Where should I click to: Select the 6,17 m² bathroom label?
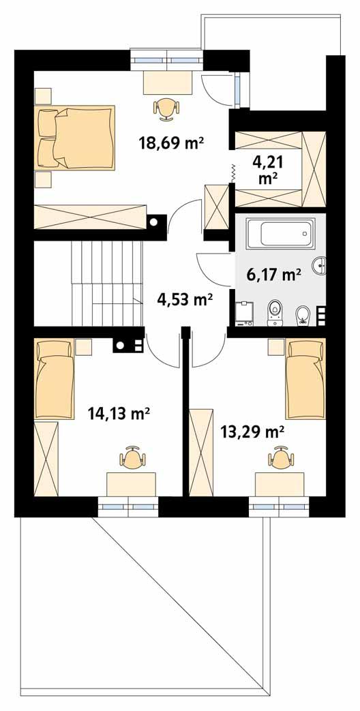(x=273, y=275)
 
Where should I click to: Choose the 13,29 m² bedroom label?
(x=252, y=431)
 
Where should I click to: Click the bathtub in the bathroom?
(x=279, y=234)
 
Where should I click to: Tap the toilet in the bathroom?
(x=275, y=310)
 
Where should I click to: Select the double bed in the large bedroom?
(x=75, y=138)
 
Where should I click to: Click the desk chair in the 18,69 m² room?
(x=166, y=107)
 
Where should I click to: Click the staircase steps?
(x=108, y=283)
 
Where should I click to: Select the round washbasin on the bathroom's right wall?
(x=320, y=264)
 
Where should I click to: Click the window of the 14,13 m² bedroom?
(x=128, y=506)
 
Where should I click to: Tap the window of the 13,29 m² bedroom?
(x=279, y=506)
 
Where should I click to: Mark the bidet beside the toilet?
(x=303, y=315)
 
